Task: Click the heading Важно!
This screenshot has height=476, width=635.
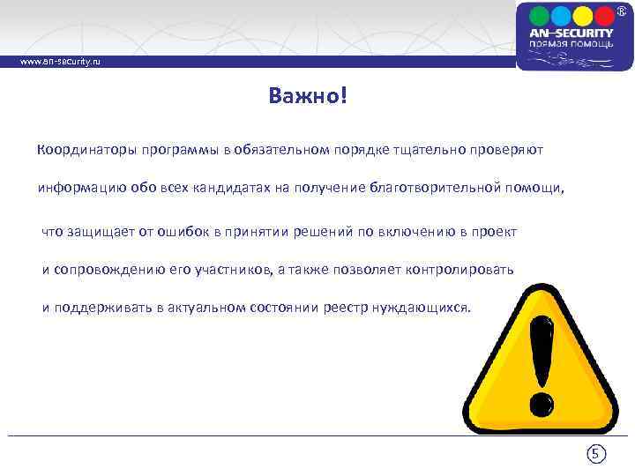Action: point(309,95)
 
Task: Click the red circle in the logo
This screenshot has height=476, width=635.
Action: point(603,17)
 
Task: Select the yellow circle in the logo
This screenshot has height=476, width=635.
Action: point(582,17)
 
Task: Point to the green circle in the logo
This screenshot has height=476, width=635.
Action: point(561,17)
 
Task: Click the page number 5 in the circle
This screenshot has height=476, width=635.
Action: point(596,455)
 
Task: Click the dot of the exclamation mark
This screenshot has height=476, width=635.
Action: point(538,404)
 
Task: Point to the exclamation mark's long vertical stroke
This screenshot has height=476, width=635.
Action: point(540,353)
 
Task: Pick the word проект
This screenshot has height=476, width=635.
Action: point(494,231)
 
